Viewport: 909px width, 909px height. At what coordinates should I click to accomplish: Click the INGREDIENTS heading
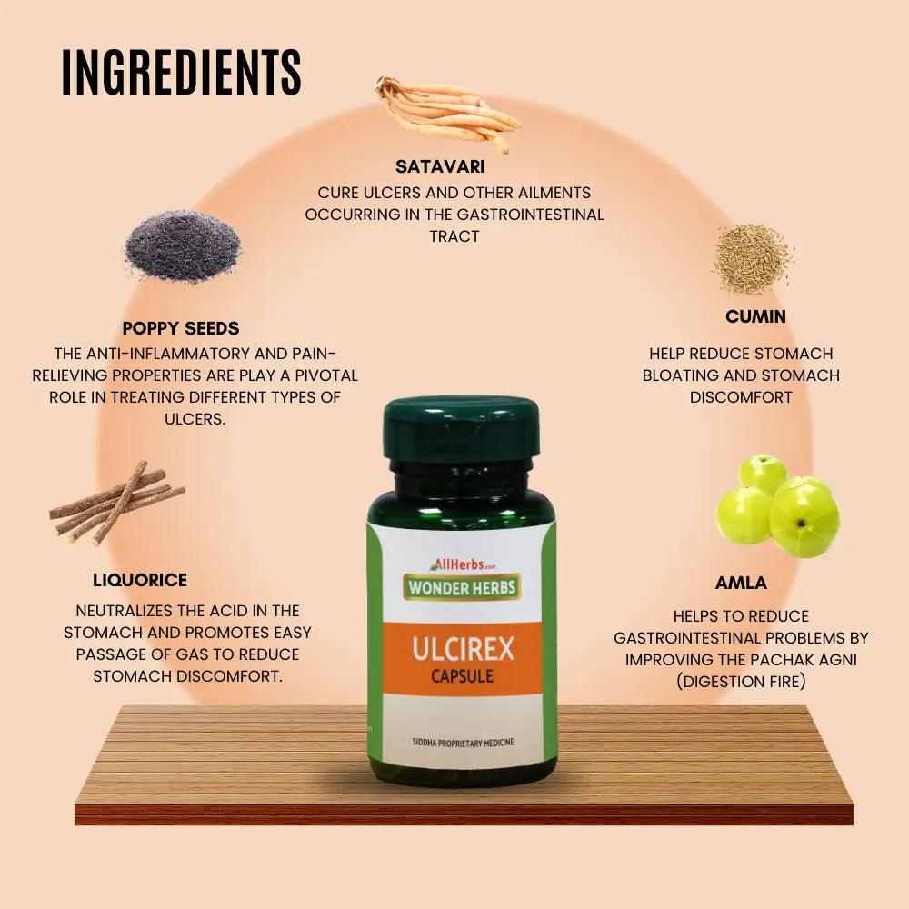(181, 72)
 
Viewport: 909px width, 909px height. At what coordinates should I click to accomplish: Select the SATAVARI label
(440, 167)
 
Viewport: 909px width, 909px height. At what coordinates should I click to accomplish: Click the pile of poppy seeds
(183, 245)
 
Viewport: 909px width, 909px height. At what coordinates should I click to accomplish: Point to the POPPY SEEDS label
(181, 328)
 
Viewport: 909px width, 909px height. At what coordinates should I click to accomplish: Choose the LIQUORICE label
(140, 580)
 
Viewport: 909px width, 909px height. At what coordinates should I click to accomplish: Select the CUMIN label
(755, 317)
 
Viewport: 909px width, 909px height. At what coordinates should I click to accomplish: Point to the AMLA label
(741, 584)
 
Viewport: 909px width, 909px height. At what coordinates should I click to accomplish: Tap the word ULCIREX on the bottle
(463, 649)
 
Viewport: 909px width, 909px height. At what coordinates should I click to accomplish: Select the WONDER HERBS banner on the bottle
(462, 587)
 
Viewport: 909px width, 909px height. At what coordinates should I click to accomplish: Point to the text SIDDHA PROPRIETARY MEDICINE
(462, 743)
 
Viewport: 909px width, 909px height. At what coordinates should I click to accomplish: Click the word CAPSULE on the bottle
(463, 676)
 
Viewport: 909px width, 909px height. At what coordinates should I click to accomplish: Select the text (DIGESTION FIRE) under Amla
(740, 682)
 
